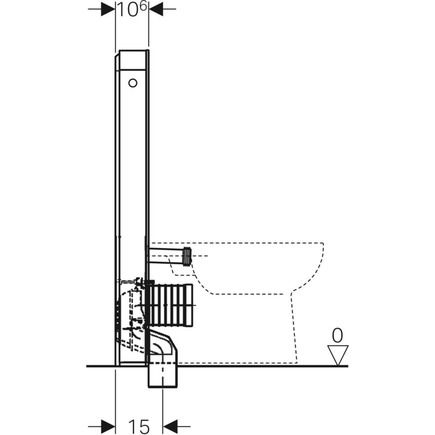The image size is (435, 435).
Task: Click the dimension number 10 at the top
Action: click(x=128, y=10)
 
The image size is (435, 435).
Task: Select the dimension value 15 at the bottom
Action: click(x=139, y=427)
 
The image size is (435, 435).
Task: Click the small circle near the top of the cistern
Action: click(x=133, y=83)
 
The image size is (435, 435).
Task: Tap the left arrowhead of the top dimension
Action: click(x=108, y=9)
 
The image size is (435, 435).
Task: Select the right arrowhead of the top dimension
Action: click(x=156, y=9)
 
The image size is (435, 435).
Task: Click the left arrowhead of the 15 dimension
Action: click(x=108, y=426)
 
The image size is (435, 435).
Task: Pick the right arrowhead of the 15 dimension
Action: click(x=170, y=426)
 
